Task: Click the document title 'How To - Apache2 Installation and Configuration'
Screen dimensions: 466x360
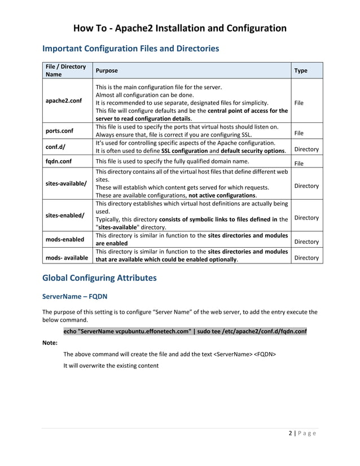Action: (x=180, y=28)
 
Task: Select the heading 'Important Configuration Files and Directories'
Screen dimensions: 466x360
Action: (x=131, y=49)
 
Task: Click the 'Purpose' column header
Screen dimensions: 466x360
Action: (x=107, y=71)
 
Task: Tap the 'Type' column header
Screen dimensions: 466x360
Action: (x=301, y=71)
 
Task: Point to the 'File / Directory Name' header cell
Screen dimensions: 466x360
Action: (x=65, y=71)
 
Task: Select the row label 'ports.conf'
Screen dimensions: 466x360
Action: (x=60, y=131)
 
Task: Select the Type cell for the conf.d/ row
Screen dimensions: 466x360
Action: (x=306, y=150)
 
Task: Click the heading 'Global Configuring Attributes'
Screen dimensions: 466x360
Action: (x=99, y=278)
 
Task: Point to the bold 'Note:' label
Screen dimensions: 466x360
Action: (x=51, y=342)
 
